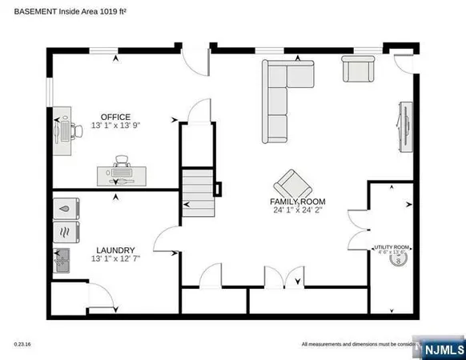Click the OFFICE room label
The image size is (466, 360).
pyautogui.click(x=115, y=117)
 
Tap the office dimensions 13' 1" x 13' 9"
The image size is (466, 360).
pyautogui.click(x=115, y=126)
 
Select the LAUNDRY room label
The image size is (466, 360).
pyautogui.click(x=115, y=250)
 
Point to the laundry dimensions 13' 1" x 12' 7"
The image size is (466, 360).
pyautogui.click(x=115, y=259)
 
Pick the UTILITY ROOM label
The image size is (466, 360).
pyautogui.click(x=392, y=247)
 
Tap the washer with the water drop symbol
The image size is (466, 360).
pyautogui.click(x=63, y=208)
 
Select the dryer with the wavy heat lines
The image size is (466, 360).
pyautogui.click(x=63, y=233)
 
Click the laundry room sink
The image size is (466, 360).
pyautogui.click(x=62, y=262)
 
